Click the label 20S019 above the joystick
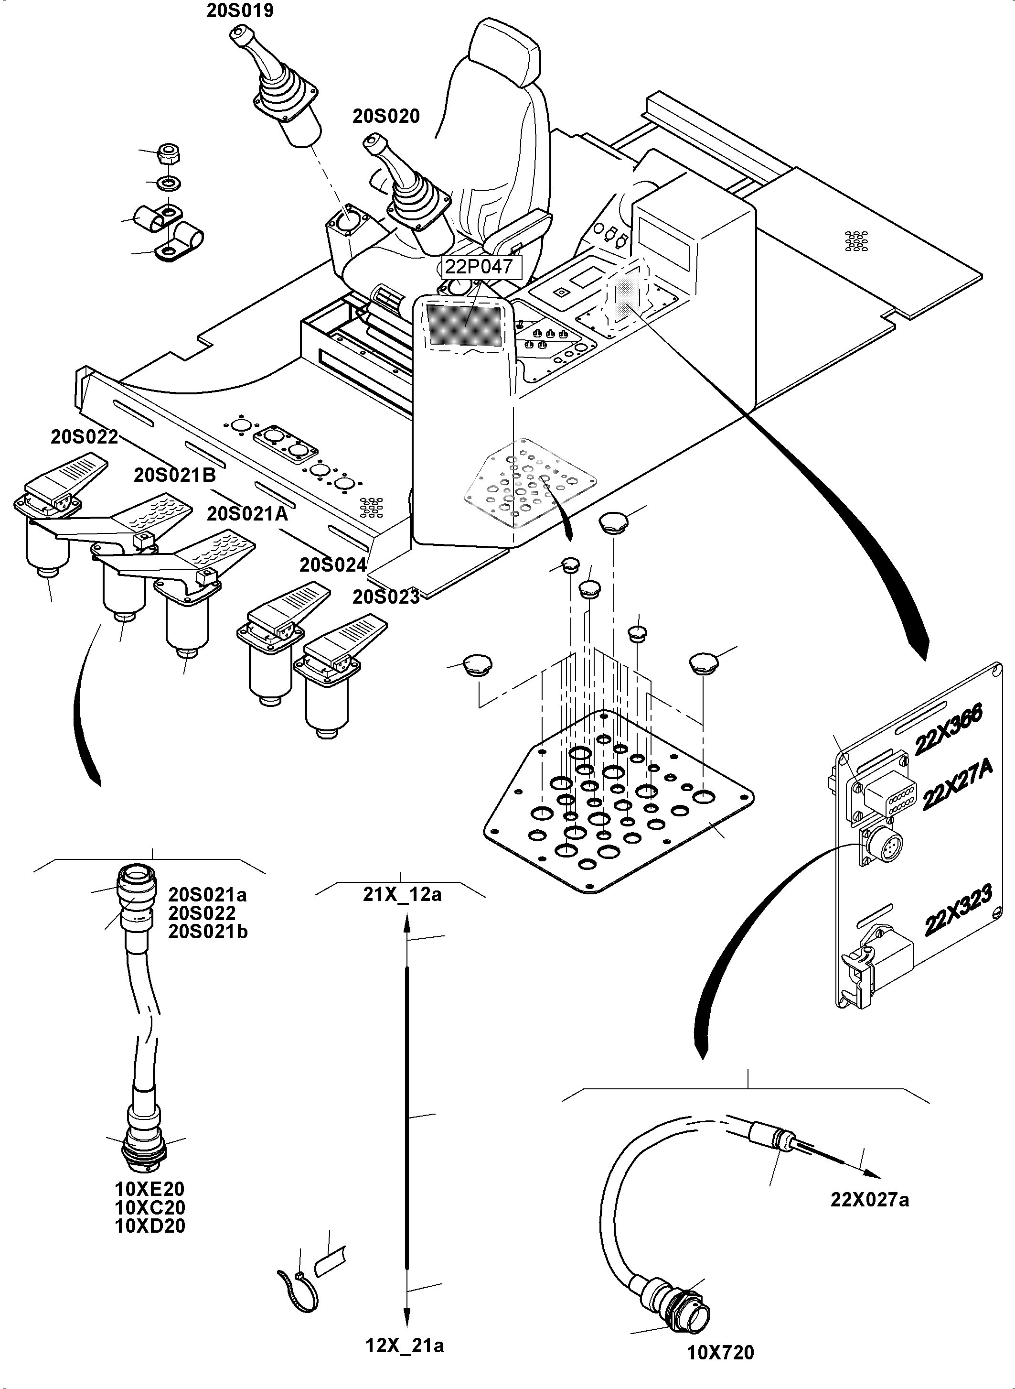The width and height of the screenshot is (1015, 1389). [240, 11]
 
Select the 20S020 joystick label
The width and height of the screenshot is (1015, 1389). [386, 116]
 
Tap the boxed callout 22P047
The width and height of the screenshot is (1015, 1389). [479, 267]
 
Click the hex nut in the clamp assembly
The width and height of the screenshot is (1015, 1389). [168, 154]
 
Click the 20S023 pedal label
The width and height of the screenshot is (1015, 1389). [386, 597]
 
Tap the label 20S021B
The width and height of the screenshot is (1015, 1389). [175, 475]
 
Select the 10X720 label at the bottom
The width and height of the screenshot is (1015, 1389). [720, 1353]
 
